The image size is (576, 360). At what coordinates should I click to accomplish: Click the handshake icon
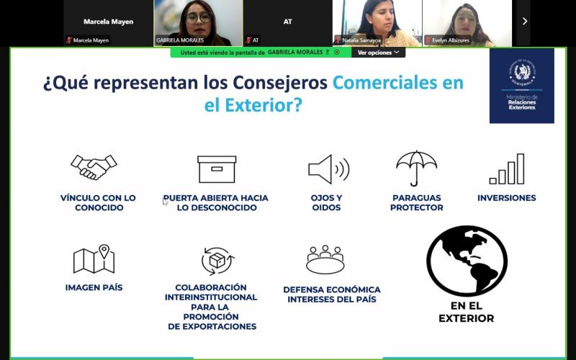(94, 168)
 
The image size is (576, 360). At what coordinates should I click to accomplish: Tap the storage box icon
(217, 169)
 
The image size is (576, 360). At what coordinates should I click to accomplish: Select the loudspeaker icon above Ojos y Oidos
(328, 169)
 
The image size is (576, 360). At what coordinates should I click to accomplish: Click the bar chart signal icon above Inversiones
(507, 170)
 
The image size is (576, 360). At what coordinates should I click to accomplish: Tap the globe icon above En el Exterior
(467, 261)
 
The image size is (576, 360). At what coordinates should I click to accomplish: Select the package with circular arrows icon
(217, 260)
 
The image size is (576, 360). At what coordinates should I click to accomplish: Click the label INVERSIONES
(506, 198)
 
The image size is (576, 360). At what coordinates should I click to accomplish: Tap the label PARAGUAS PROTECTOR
(416, 202)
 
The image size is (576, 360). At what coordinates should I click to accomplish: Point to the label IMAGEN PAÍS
(94, 287)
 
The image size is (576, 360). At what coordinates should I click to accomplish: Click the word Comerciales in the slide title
(388, 83)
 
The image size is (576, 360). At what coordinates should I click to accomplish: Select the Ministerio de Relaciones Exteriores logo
(522, 86)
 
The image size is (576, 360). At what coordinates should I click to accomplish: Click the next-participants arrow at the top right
(524, 22)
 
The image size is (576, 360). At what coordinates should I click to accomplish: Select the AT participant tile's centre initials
(287, 22)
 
